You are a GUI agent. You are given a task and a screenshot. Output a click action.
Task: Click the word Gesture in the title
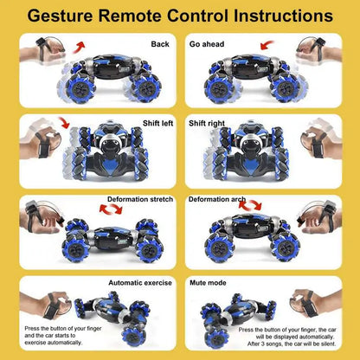[x=61, y=16]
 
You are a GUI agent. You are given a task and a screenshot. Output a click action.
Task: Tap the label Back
[x=160, y=42]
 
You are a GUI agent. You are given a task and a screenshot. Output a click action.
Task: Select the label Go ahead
[x=207, y=42]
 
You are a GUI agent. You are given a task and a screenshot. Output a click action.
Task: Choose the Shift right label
[x=208, y=122]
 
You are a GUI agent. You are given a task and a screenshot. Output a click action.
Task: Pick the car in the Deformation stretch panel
[x=108, y=236]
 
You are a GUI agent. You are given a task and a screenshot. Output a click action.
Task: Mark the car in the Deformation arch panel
[x=251, y=235]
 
